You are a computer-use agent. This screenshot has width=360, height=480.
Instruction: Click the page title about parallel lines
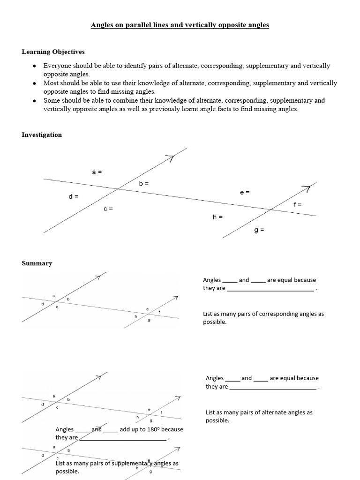[180, 25]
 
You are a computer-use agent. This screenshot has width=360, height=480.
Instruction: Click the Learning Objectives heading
[53, 52]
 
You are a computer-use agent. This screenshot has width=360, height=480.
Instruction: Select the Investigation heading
[42, 135]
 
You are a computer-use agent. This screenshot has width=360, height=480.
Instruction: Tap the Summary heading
[37, 263]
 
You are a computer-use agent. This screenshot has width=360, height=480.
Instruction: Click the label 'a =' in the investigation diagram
[97, 172]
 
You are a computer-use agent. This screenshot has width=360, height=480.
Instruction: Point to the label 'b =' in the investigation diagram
[144, 184]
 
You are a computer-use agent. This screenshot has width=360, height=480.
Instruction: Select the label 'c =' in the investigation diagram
[108, 209]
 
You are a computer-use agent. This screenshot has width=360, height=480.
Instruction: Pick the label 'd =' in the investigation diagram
[73, 197]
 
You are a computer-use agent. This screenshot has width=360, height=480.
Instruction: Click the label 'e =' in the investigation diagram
[245, 192]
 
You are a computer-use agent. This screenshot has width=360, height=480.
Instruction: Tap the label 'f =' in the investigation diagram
[298, 204]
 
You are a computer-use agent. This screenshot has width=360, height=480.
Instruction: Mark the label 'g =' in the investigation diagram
[259, 230]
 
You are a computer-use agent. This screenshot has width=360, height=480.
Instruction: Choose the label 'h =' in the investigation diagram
[217, 217]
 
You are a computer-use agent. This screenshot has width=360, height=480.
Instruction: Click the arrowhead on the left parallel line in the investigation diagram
[171, 158]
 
